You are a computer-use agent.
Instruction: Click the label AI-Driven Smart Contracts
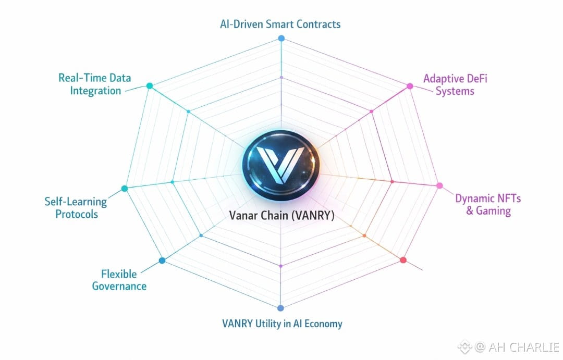point(281,24)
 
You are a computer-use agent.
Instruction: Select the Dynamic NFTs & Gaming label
point(488,205)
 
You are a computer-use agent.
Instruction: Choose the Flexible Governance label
point(119,280)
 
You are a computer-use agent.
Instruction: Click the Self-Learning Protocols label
point(76,207)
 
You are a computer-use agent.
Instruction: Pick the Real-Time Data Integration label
point(95,84)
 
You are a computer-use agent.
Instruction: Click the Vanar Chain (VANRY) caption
point(281,215)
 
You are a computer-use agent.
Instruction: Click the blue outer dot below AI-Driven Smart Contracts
point(281,38)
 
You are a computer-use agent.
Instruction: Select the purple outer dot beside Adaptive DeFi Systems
point(410,86)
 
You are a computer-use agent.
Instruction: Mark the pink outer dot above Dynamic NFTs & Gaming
point(439,185)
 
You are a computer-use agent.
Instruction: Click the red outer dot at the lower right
point(402,260)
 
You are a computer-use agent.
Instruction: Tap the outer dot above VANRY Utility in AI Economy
point(280,307)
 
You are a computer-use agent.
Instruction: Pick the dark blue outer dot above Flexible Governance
point(162,260)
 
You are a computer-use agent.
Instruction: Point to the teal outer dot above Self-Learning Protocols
point(124,188)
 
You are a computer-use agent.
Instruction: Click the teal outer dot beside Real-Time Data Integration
point(150,85)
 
